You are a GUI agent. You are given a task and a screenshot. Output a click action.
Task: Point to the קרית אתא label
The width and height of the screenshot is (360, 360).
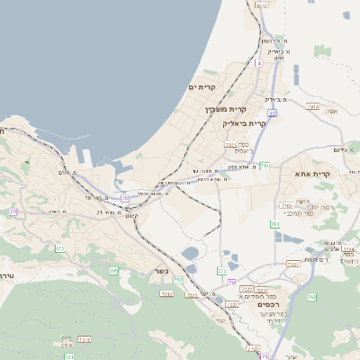pos(313,175)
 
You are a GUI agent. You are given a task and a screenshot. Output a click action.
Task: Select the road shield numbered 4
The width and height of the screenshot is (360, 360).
pos(258,63)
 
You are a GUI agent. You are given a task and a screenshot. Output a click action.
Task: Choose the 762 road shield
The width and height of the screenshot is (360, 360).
pos(311,296)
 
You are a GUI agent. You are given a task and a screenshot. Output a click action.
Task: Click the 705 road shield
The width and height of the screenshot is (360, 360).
pos(113,270)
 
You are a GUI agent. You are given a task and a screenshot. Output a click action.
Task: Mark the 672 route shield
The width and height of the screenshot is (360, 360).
pos(60,248)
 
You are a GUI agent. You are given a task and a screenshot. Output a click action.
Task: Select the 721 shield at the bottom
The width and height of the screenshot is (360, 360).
pos(69,357)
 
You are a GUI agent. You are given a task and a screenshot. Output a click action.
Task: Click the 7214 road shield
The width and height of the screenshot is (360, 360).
pos(85,339)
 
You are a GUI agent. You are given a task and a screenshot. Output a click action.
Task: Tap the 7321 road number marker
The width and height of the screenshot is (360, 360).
pos(292,264)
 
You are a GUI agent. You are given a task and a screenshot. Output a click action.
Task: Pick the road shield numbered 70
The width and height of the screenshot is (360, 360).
pos(231,283)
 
